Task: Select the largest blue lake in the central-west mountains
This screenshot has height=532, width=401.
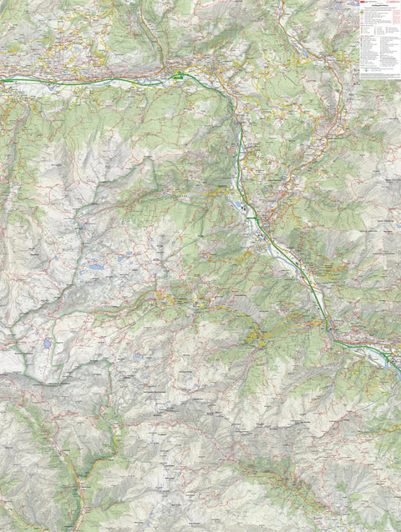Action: tap(97, 270)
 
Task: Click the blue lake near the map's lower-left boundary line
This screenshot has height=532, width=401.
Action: tap(47, 343)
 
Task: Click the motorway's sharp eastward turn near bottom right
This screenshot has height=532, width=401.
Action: tap(327, 329)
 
